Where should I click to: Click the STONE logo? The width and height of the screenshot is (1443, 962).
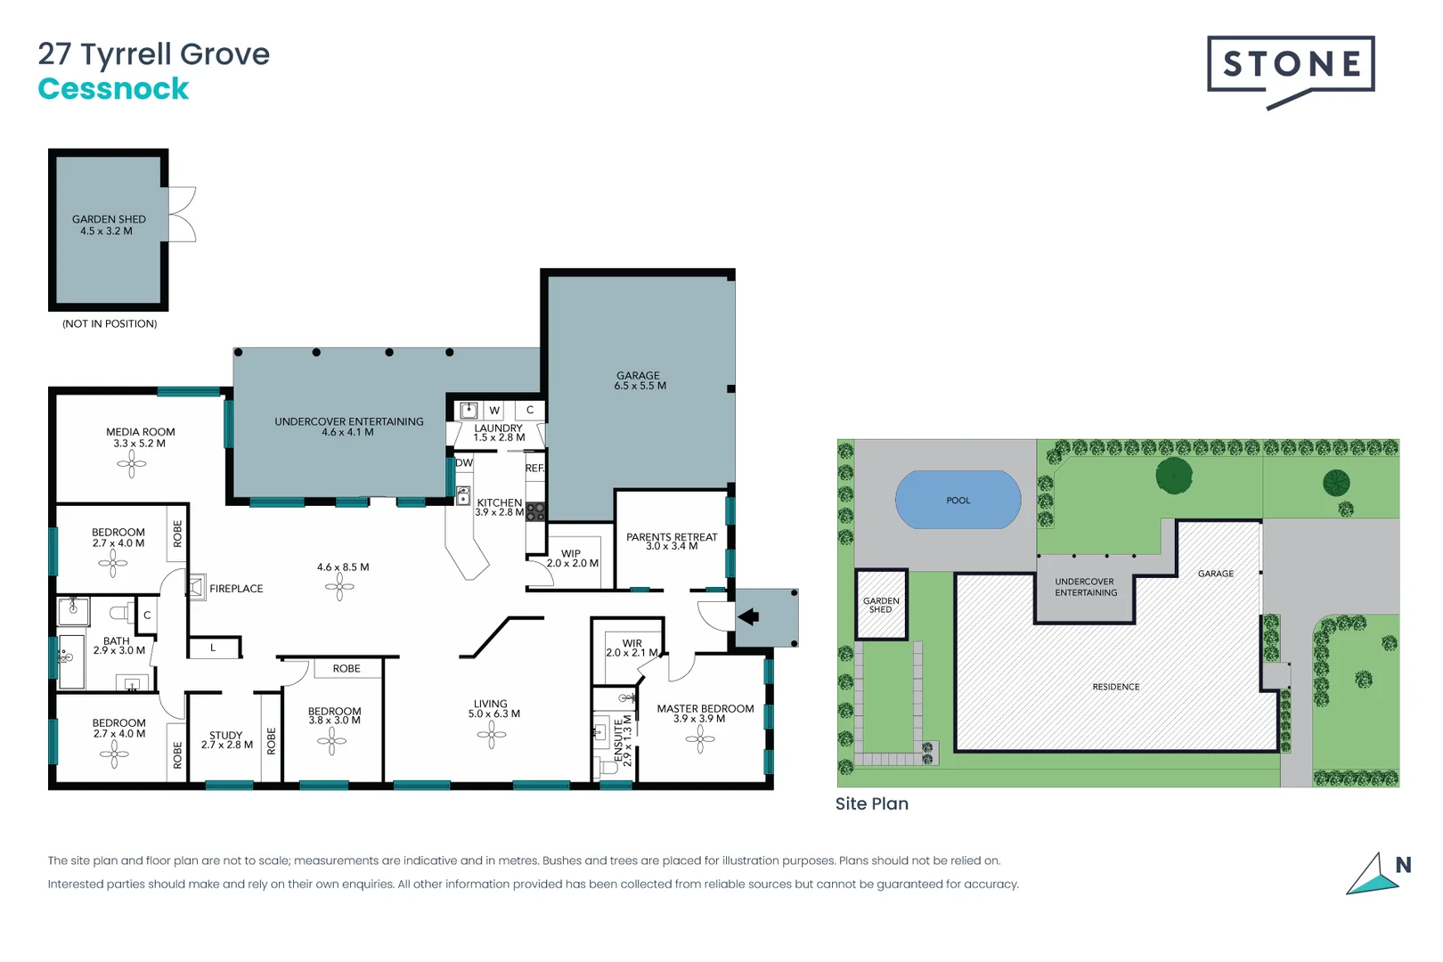[1290, 66]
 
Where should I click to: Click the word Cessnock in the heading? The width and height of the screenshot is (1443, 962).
[113, 89]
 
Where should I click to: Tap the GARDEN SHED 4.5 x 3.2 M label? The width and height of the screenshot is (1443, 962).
[109, 225]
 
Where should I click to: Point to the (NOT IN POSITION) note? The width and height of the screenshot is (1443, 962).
[110, 324]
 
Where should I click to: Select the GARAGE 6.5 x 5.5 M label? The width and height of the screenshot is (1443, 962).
[640, 381]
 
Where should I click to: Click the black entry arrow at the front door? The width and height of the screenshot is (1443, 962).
[748, 616]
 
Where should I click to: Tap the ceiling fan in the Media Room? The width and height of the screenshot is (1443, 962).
[132, 463]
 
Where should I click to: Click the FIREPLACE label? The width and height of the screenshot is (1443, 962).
[236, 589]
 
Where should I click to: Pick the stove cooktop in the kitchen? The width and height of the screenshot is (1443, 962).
[535, 511]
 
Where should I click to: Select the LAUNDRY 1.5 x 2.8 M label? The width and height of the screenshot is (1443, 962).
[499, 433]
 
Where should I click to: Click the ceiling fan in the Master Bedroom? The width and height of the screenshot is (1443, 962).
[700, 738]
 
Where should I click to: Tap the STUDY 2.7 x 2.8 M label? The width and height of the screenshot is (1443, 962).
[226, 740]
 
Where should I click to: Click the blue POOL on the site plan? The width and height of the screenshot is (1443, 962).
[958, 501]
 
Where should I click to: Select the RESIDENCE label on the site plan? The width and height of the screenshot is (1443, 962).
[1116, 687]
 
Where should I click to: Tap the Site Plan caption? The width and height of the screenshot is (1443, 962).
[871, 803]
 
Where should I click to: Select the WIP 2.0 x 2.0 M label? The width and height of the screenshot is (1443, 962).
[572, 558]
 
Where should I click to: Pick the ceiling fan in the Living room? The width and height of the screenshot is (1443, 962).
[491, 735]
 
